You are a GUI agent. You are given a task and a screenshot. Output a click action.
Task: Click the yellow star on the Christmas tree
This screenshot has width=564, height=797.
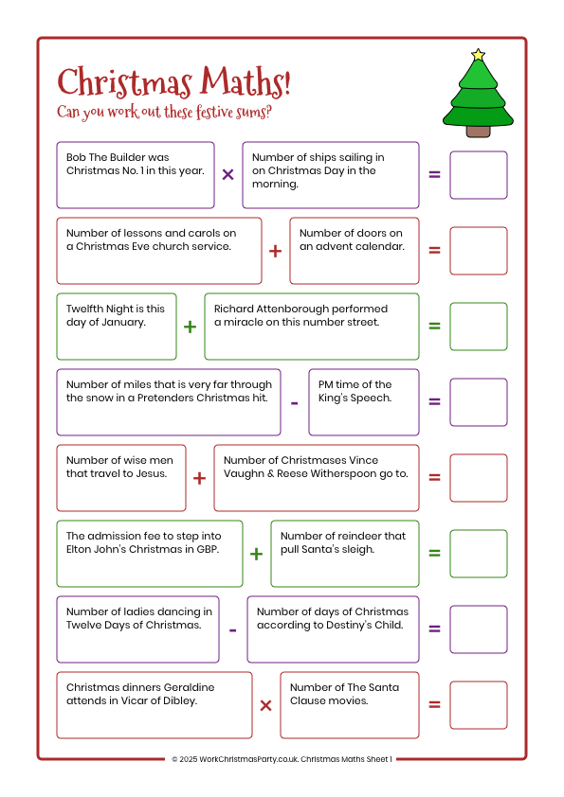click(x=478, y=55)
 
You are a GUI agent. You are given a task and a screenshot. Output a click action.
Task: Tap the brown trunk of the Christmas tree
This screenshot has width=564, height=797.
click(x=479, y=131)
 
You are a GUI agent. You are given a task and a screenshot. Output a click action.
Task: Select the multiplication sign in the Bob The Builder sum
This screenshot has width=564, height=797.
click(x=227, y=175)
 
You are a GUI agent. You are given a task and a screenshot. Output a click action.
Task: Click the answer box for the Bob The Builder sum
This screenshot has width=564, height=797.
click(x=478, y=175)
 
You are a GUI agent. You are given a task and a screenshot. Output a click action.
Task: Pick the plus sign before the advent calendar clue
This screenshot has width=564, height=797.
click(x=275, y=251)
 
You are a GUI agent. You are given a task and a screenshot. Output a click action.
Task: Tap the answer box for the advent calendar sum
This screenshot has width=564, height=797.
click(x=478, y=251)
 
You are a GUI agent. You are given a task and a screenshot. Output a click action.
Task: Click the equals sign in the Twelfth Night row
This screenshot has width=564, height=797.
click(x=434, y=327)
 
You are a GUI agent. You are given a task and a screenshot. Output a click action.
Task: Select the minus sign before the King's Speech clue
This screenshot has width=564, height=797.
click(x=294, y=402)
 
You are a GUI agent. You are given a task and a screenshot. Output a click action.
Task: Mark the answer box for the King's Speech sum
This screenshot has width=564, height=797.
click(x=478, y=402)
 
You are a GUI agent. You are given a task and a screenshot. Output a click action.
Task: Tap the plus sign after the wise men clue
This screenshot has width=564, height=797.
click(x=199, y=478)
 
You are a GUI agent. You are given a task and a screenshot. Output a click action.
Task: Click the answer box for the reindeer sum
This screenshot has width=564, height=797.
click(x=478, y=554)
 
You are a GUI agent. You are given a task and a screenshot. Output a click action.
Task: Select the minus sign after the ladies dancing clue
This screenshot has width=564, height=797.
click(x=232, y=629)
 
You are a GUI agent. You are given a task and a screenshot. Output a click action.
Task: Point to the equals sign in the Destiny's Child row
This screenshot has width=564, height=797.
click(x=434, y=629)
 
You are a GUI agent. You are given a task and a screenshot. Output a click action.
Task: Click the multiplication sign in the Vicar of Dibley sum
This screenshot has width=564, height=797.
click(x=265, y=705)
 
